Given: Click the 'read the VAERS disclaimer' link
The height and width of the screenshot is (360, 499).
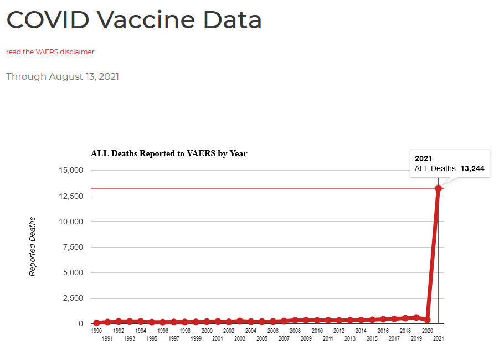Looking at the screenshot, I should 50,52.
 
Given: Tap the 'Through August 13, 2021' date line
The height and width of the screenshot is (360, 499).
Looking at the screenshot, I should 63,76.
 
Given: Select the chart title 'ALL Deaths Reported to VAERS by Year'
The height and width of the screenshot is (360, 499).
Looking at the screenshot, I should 169,153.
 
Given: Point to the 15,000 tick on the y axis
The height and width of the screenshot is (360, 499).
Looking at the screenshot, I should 70,170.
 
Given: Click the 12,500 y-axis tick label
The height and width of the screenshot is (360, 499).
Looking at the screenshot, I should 70,196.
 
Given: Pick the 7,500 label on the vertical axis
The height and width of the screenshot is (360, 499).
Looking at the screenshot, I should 73,247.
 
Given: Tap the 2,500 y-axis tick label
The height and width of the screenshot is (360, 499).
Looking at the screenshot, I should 73,298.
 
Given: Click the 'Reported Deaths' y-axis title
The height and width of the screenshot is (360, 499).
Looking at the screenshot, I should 33,246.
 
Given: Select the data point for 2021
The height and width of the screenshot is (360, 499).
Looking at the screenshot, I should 438,188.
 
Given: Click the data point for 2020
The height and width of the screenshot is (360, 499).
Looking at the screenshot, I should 427,320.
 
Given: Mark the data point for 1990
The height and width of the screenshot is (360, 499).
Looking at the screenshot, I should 96,323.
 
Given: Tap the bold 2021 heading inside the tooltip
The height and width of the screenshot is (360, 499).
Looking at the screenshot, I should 423,158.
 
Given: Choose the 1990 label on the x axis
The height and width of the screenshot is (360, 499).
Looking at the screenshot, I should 96,331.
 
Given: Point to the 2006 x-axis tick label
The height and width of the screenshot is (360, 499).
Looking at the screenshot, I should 273,331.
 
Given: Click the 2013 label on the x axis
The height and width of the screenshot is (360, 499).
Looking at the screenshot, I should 350,338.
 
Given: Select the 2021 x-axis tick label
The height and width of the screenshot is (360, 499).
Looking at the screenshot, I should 438,338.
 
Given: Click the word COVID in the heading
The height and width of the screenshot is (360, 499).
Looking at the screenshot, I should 48,20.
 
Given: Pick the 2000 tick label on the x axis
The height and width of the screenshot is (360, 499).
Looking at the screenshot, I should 207,331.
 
